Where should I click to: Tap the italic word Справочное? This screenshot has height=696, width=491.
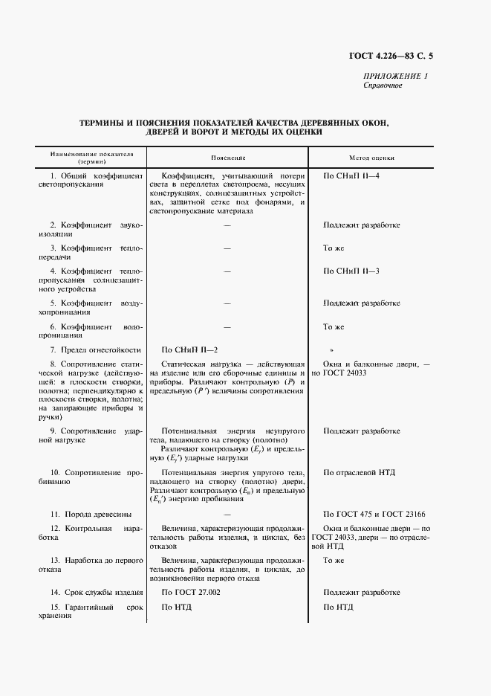point(383,86)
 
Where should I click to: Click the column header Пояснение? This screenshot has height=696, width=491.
point(227,158)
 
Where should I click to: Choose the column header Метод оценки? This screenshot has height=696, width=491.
point(371,158)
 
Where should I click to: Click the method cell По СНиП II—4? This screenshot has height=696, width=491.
point(351,175)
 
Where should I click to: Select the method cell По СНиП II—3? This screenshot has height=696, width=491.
point(351,271)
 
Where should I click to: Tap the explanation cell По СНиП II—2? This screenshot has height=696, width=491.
point(190,349)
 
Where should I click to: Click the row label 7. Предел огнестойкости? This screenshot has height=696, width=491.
point(95,349)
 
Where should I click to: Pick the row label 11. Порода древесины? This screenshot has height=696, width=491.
point(91,514)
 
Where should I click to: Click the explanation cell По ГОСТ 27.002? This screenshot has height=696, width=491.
point(191,592)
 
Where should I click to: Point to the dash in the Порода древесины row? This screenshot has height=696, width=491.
point(227,514)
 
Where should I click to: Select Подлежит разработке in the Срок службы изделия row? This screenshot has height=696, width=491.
point(361,592)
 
